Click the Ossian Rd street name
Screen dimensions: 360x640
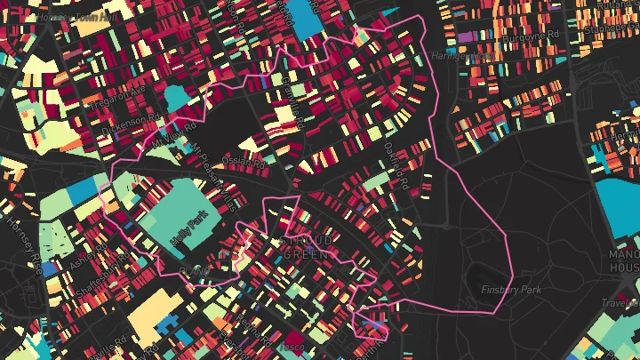pos(246,162)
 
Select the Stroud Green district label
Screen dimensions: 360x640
pos(307,247)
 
